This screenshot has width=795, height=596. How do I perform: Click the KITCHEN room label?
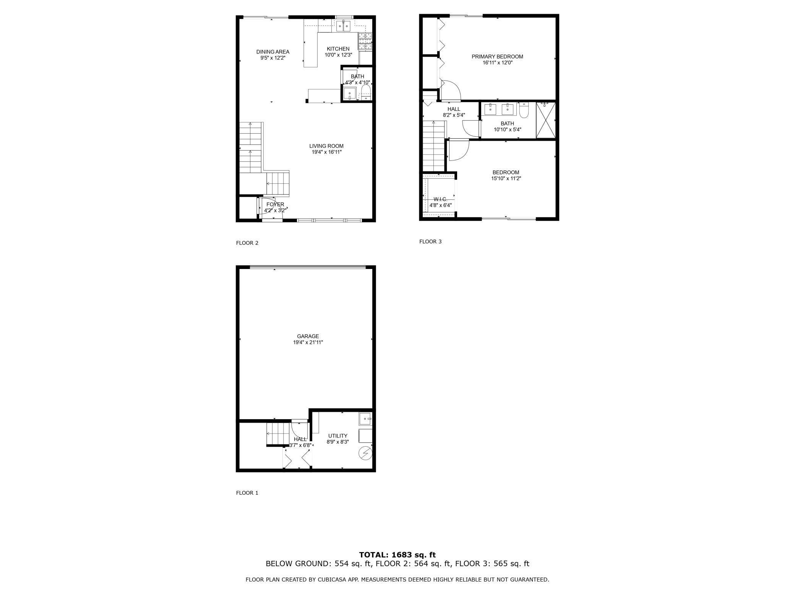click(338, 49)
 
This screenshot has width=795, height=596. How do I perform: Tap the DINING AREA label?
click(273, 52)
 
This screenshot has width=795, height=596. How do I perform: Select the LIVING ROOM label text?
click(326, 146)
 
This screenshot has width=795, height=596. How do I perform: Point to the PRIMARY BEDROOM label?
click(497, 57)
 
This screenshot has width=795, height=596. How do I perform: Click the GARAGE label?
click(308, 336)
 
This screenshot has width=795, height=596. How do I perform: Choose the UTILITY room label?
click(337, 436)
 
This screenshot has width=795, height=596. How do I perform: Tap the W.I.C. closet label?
click(440, 199)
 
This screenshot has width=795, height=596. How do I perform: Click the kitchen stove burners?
click(365, 41)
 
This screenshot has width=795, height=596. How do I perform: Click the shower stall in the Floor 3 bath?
click(545, 120)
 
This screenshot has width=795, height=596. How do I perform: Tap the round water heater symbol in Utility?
click(365, 453)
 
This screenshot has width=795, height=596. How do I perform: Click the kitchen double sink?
click(343, 26)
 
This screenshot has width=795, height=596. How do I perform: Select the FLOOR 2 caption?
click(247, 243)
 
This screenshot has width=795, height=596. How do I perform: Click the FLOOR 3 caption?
click(430, 241)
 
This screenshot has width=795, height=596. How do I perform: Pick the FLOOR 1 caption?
click(247, 493)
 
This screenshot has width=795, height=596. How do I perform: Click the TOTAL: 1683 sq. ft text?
click(397, 555)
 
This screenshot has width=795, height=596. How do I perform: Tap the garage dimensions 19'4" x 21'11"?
click(308, 342)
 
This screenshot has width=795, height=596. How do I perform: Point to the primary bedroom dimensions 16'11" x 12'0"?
click(497, 63)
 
